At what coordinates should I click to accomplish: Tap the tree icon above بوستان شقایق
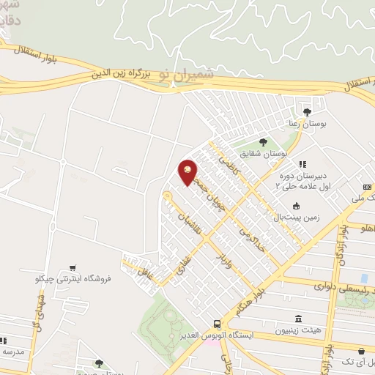[263, 142]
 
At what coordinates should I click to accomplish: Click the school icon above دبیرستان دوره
[301, 164]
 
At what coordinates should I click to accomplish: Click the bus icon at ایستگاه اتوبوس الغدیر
[216, 323]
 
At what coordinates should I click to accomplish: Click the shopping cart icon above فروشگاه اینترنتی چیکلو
[72, 267]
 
